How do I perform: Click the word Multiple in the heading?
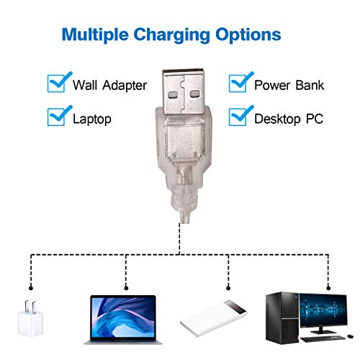[x=95, y=35]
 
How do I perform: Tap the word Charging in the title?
[x=171, y=35]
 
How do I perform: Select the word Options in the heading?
[x=248, y=35]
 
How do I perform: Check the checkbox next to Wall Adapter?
[x=57, y=84]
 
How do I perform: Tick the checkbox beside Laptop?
[x=57, y=117]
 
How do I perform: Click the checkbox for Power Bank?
[x=238, y=84]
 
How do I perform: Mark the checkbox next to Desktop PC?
[x=238, y=117]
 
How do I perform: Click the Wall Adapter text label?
[x=109, y=85]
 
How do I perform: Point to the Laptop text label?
[x=92, y=119]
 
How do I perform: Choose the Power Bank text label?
[x=289, y=85]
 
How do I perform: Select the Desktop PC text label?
[x=289, y=119]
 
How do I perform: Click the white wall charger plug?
[x=30, y=318]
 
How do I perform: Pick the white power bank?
[x=214, y=318]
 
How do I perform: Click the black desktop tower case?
[x=282, y=318]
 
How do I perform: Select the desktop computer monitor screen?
[x=323, y=310]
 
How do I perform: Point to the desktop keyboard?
[x=323, y=338]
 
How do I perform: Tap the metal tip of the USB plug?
[x=183, y=91]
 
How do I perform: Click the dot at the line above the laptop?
[x=126, y=288]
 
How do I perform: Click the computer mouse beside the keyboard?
[x=350, y=336]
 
